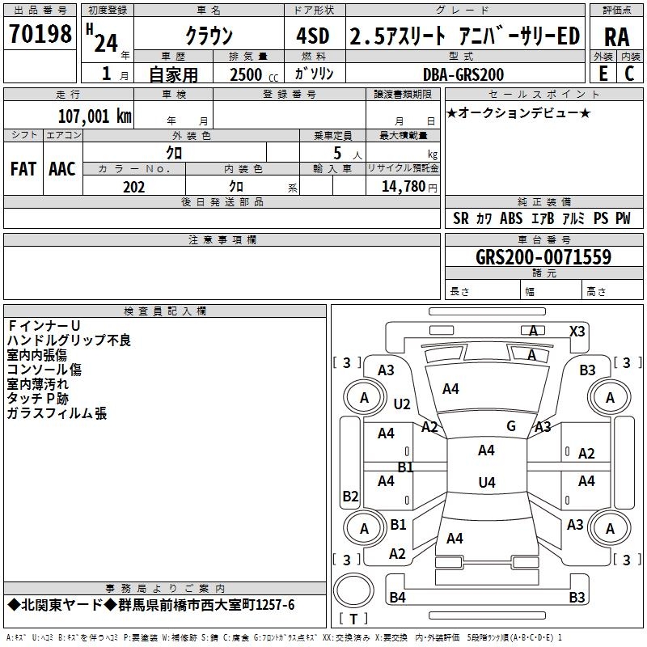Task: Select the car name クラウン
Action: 209,36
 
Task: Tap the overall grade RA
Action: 616,36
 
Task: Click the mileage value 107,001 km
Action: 95,116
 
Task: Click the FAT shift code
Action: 23,169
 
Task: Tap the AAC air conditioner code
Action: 62,169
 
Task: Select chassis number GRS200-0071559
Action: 543,257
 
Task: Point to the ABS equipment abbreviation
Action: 511,218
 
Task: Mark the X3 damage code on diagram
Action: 577,331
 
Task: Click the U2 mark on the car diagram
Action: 402,404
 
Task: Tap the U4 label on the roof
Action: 486,483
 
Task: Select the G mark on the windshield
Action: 510,425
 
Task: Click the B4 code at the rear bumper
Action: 397,597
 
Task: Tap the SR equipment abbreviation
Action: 461,218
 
